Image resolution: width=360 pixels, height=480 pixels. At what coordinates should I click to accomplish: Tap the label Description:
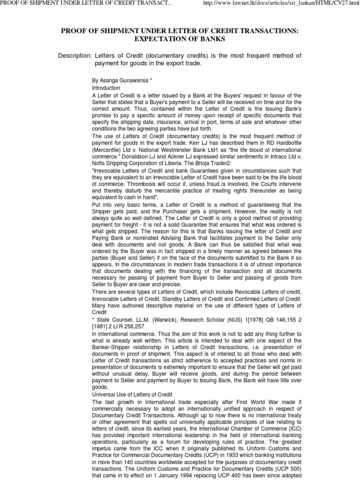(75, 56)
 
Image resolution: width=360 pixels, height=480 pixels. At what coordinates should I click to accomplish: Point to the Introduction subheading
(106, 88)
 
